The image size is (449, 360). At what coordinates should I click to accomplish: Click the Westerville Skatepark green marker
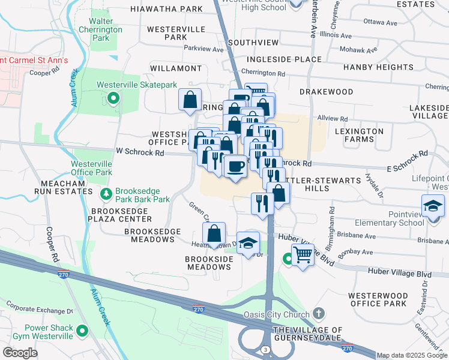pos(112,98)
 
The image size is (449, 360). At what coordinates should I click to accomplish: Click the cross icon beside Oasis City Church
pos(318,314)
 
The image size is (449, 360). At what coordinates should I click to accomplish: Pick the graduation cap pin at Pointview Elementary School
pos(433,208)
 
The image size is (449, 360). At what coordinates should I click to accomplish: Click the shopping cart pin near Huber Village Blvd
pos(303,256)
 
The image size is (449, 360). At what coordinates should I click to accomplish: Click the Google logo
pos(20,353)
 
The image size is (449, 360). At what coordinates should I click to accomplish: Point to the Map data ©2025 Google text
pos(411,355)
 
